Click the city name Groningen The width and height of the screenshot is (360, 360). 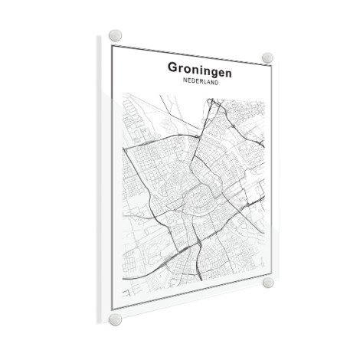[201, 68]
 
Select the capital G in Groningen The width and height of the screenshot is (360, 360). [173, 67]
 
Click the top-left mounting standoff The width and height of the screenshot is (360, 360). [115, 36]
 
